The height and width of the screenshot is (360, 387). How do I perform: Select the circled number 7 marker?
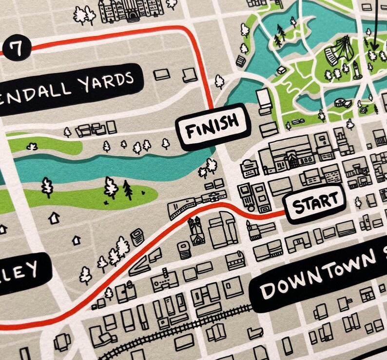(x=17, y=48)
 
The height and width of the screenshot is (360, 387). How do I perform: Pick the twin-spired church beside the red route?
(x=196, y=230)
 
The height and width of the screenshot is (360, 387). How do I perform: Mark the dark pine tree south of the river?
(x=128, y=190)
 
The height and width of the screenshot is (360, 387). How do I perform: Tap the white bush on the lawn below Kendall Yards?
(x=32, y=146)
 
